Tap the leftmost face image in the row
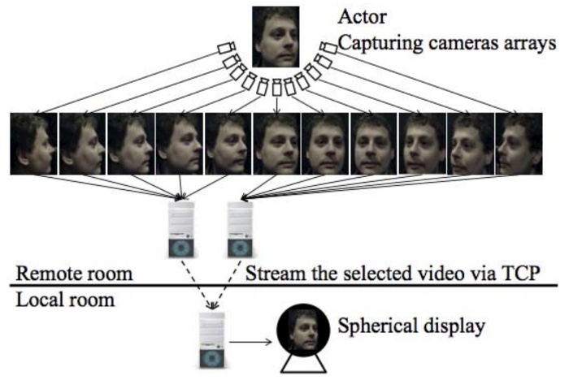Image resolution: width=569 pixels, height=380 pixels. point(33,144)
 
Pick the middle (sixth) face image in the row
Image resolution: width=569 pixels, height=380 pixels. point(276,144)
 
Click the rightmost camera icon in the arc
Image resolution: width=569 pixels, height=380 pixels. point(328,49)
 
